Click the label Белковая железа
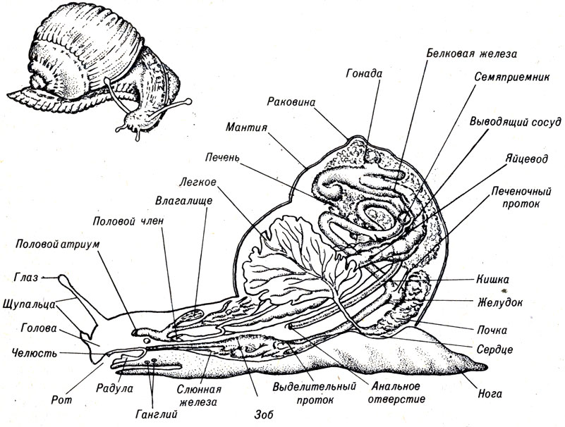click(472, 54)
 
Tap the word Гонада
click(364, 74)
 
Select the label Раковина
click(291, 102)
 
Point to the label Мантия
click(246, 127)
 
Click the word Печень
click(222, 157)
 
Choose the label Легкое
click(198, 182)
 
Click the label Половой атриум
click(57, 245)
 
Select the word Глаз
click(26, 278)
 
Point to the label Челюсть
click(35, 353)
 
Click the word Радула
click(115, 389)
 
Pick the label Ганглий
click(157, 414)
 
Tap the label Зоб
click(262, 415)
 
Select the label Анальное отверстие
click(396, 392)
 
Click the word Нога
click(490, 393)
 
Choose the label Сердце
click(494, 349)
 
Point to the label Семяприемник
click(511, 77)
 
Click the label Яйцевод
click(526, 159)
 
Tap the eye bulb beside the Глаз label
click(63, 278)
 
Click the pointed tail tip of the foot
click(487, 366)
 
